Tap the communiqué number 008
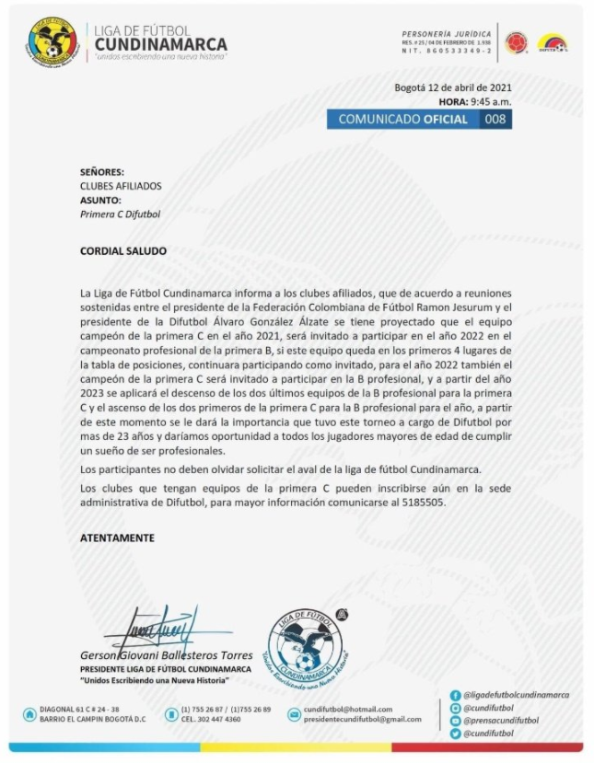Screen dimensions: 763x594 [495, 120]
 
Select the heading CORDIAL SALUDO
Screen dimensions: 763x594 [123, 250]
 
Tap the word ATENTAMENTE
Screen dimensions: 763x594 [117, 538]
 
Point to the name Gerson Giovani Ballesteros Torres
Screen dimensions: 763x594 [166, 655]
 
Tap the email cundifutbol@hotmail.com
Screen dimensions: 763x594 [347, 710]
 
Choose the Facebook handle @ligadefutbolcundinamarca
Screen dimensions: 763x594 [516, 695]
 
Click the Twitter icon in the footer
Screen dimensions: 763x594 [455, 734]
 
